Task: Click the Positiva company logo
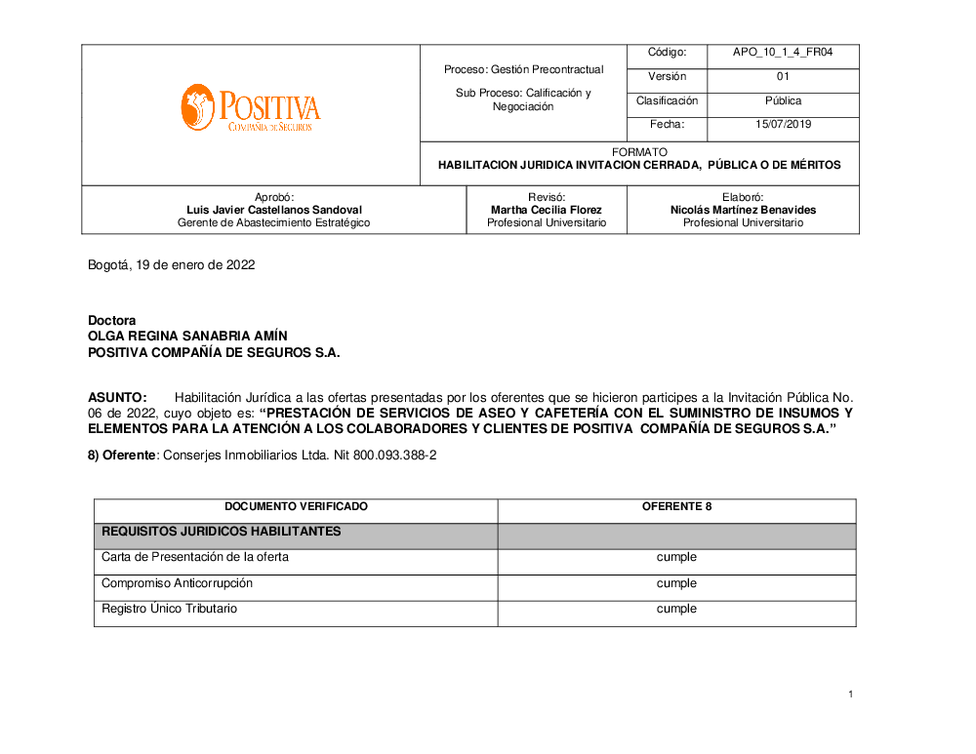250,107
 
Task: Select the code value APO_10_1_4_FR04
783,53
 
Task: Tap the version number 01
783,77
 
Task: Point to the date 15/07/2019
783,125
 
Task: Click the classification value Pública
783,101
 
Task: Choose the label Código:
668,53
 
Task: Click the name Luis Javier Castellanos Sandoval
274,210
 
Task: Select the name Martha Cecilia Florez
547,210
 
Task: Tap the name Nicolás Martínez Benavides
743,210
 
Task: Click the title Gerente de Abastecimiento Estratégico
274,223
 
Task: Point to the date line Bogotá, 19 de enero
172,265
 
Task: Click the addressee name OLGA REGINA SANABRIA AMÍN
188,337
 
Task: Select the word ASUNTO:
117,398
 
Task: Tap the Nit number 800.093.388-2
394,456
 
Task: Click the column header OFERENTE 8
676,507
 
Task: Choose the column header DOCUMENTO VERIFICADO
296,507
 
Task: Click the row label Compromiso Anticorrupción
177,583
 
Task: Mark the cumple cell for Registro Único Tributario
676,609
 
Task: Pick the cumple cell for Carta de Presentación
676,558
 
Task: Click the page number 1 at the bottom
851,694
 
